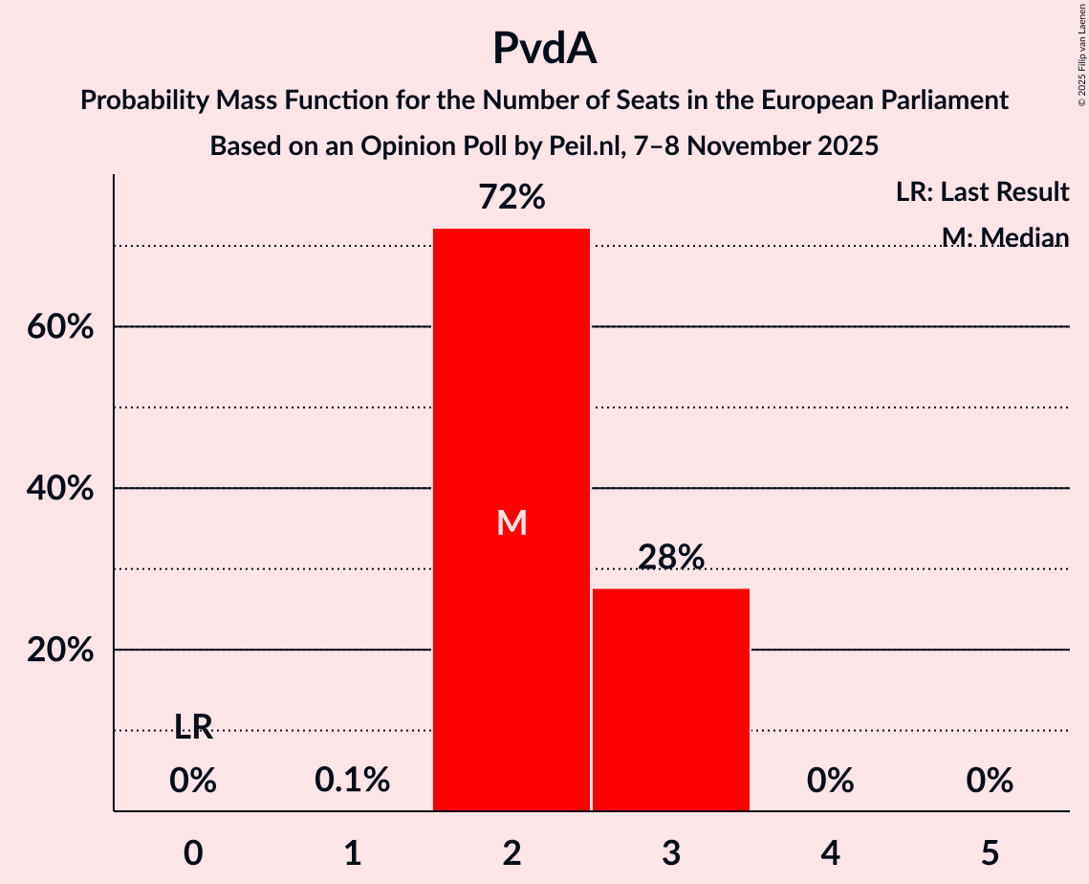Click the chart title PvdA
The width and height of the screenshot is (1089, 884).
544,48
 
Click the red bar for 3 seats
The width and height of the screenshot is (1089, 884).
671,699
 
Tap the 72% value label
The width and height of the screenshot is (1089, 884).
512,198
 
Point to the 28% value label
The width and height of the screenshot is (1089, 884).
671,557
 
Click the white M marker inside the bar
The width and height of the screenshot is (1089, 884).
512,522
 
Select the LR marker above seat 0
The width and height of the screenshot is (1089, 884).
193,728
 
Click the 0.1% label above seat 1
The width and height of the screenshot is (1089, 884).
352,781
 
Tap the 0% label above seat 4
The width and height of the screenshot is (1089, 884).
830,781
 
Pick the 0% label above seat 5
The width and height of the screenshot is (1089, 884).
990,781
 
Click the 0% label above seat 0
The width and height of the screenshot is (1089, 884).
193,781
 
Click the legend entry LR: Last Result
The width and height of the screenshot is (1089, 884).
982,192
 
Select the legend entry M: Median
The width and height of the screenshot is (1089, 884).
1004,236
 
